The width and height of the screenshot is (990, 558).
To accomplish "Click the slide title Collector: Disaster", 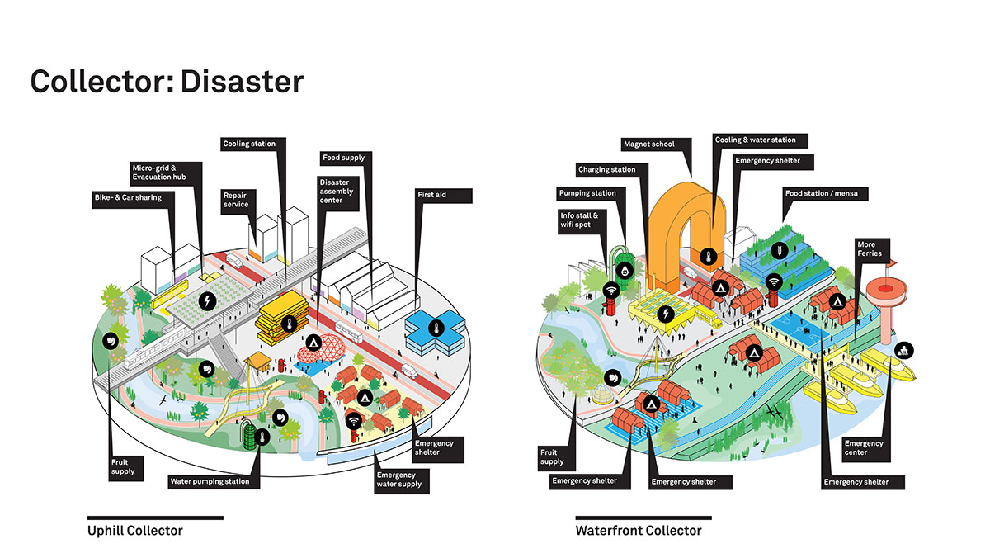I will [167, 82].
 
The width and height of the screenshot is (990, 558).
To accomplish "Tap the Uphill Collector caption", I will [134, 531].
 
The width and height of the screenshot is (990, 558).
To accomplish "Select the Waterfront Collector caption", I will [638, 531].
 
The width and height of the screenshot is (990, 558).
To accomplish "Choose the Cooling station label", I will [249, 144].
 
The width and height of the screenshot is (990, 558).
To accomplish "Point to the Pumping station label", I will [587, 193].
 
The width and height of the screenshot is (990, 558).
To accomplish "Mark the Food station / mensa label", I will [824, 193].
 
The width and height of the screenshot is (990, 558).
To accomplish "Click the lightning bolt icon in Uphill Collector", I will [207, 300].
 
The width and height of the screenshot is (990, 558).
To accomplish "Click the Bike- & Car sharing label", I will [127, 198].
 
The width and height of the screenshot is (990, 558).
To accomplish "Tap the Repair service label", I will [235, 200].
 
